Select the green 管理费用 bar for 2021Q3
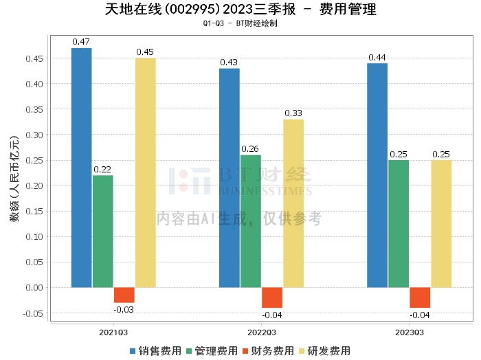point(102,231)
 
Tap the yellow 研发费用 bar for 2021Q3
point(145,172)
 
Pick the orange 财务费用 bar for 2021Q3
point(124,295)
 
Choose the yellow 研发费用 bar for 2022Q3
point(293,203)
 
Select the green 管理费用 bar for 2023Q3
point(399,223)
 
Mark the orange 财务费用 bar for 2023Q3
point(420,297)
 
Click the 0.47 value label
point(81,42)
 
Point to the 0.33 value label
point(293,113)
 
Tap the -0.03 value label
point(124,310)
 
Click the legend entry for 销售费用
point(156,350)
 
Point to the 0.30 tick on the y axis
point(35,135)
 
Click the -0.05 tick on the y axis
point(34,313)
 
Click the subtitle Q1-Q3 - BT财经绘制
point(240,23)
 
